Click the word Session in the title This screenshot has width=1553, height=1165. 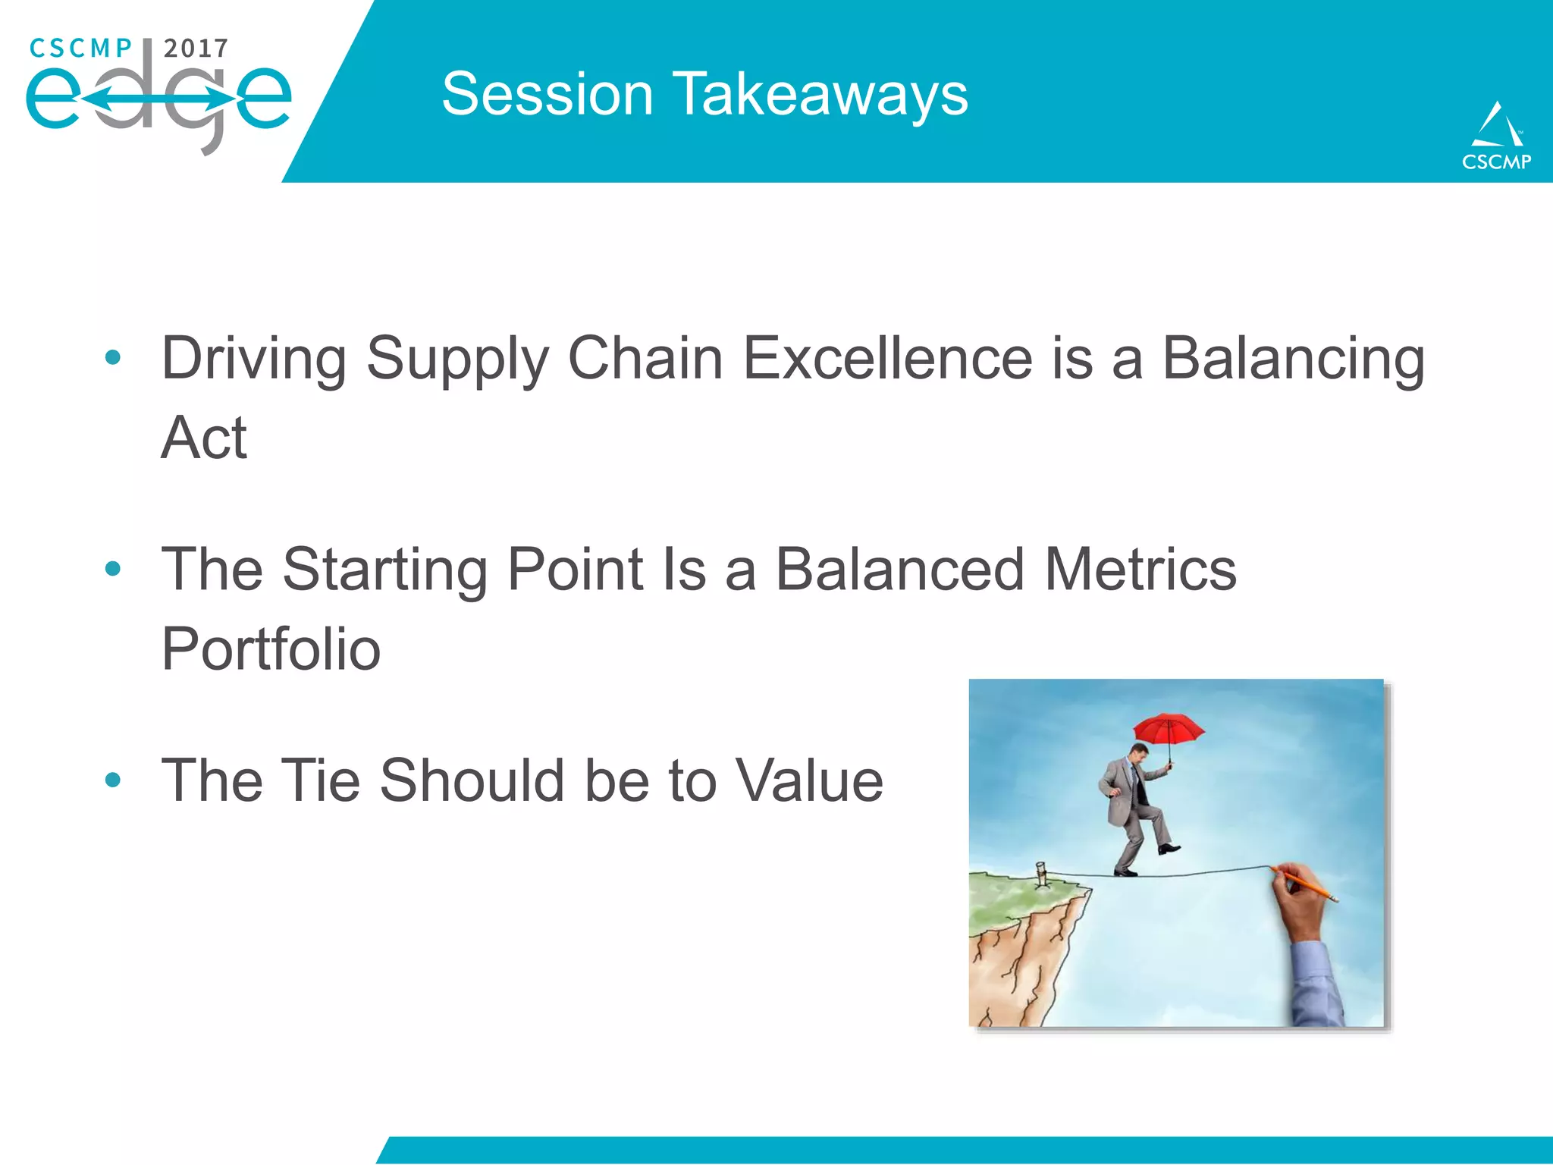(547, 95)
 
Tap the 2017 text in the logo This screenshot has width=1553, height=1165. (196, 49)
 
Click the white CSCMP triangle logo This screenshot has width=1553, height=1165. (1496, 126)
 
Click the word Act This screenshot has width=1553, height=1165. (203, 438)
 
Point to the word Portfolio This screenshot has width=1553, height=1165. (271, 649)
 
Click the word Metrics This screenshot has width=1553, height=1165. (1140, 570)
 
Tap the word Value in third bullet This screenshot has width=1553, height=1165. (809, 780)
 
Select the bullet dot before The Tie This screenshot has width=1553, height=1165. (113, 780)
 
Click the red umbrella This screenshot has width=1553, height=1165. (1168, 727)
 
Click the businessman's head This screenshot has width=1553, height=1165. (1137, 754)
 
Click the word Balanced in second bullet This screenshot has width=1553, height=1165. (899, 570)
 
